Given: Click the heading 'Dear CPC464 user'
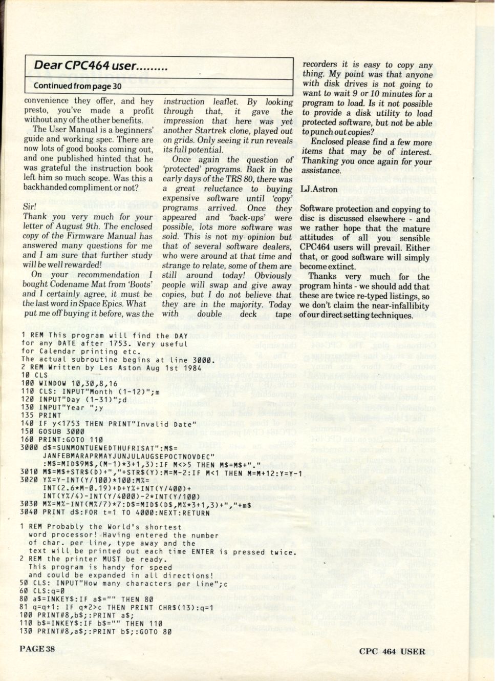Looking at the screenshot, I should coord(100,66).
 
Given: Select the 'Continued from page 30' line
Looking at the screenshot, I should coord(77,86).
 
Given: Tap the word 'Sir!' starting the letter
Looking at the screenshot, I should coord(30,207).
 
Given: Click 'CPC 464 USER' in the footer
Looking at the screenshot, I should coord(392,652).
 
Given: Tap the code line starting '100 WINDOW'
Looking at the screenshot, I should coord(70,383).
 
